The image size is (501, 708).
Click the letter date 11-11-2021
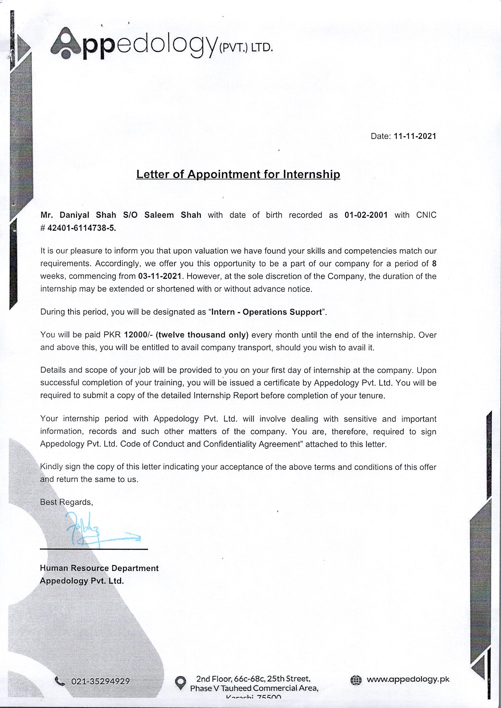pyautogui.click(x=415, y=136)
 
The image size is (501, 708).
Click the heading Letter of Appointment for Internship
pyautogui.click(x=238, y=174)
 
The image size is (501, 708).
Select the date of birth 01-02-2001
pyautogui.click(x=366, y=215)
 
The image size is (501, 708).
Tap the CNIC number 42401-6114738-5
pyautogui.click(x=82, y=228)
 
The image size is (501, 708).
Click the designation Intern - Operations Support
pyautogui.click(x=267, y=312)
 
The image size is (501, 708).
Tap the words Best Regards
pyautogui.click(x=66, y=502)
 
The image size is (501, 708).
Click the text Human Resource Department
pyautogui.click(x=99, y=568)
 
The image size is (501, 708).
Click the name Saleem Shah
pyautogui.click(x=173, y=215)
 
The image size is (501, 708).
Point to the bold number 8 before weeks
pyautogui.click(x=434, y=264)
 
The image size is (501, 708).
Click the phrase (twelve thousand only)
pyautogui.click(x=202, y=335)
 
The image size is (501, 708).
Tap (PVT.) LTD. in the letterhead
pyautogui.click(x=245, y=49)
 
